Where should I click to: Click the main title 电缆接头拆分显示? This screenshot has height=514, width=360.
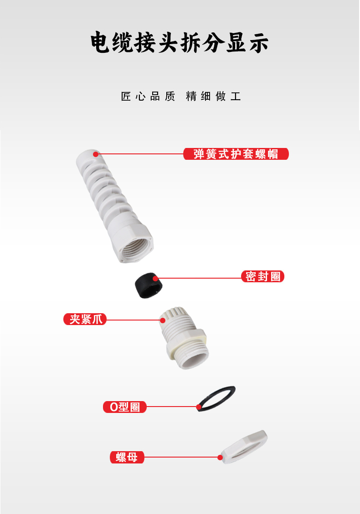point(180,42)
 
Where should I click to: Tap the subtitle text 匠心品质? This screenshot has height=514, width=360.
point(148,97)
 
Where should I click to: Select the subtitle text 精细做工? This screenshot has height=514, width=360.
point(213,97)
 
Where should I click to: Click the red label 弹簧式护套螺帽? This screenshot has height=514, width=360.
point(236,154)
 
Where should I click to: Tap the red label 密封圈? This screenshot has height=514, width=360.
point(262,276)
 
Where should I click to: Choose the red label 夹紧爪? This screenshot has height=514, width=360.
point(85,319)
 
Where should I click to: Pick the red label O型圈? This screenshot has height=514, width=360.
point(125,407)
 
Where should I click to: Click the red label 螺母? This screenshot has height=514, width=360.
point(127,457)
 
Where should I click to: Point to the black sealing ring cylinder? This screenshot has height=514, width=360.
point(149,285)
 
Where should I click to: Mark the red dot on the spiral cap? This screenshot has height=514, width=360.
point(96,154)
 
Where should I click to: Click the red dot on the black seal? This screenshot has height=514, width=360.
point(155,278)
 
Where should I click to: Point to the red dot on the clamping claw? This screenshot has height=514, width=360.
point(163,320)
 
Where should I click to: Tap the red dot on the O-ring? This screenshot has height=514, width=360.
point(199,407)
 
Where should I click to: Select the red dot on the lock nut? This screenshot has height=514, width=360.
point(220,457)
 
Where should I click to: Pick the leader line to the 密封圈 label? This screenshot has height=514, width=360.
point(200,278)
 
